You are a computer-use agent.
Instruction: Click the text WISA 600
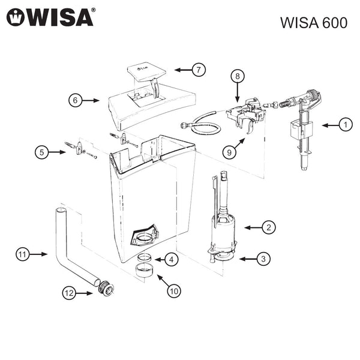coord(313,23)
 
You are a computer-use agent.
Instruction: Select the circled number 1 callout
coord(344,125)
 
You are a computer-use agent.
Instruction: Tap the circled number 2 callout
coord(269,227)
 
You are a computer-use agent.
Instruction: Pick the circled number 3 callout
coord(263,259)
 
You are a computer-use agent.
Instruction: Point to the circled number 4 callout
coord(172,260)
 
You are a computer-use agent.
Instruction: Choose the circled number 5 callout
coord(41,152)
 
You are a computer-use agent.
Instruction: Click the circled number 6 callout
coord(76,100)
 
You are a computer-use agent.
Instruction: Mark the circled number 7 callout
coord(199,70)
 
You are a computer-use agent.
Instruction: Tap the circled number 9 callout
coord(229,152)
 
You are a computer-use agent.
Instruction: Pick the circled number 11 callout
coord(22,254)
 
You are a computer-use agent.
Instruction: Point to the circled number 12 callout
coord(70,293)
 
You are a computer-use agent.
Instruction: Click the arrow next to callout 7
coord(182,70)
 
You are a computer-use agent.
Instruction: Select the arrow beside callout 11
coord(39,254)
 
